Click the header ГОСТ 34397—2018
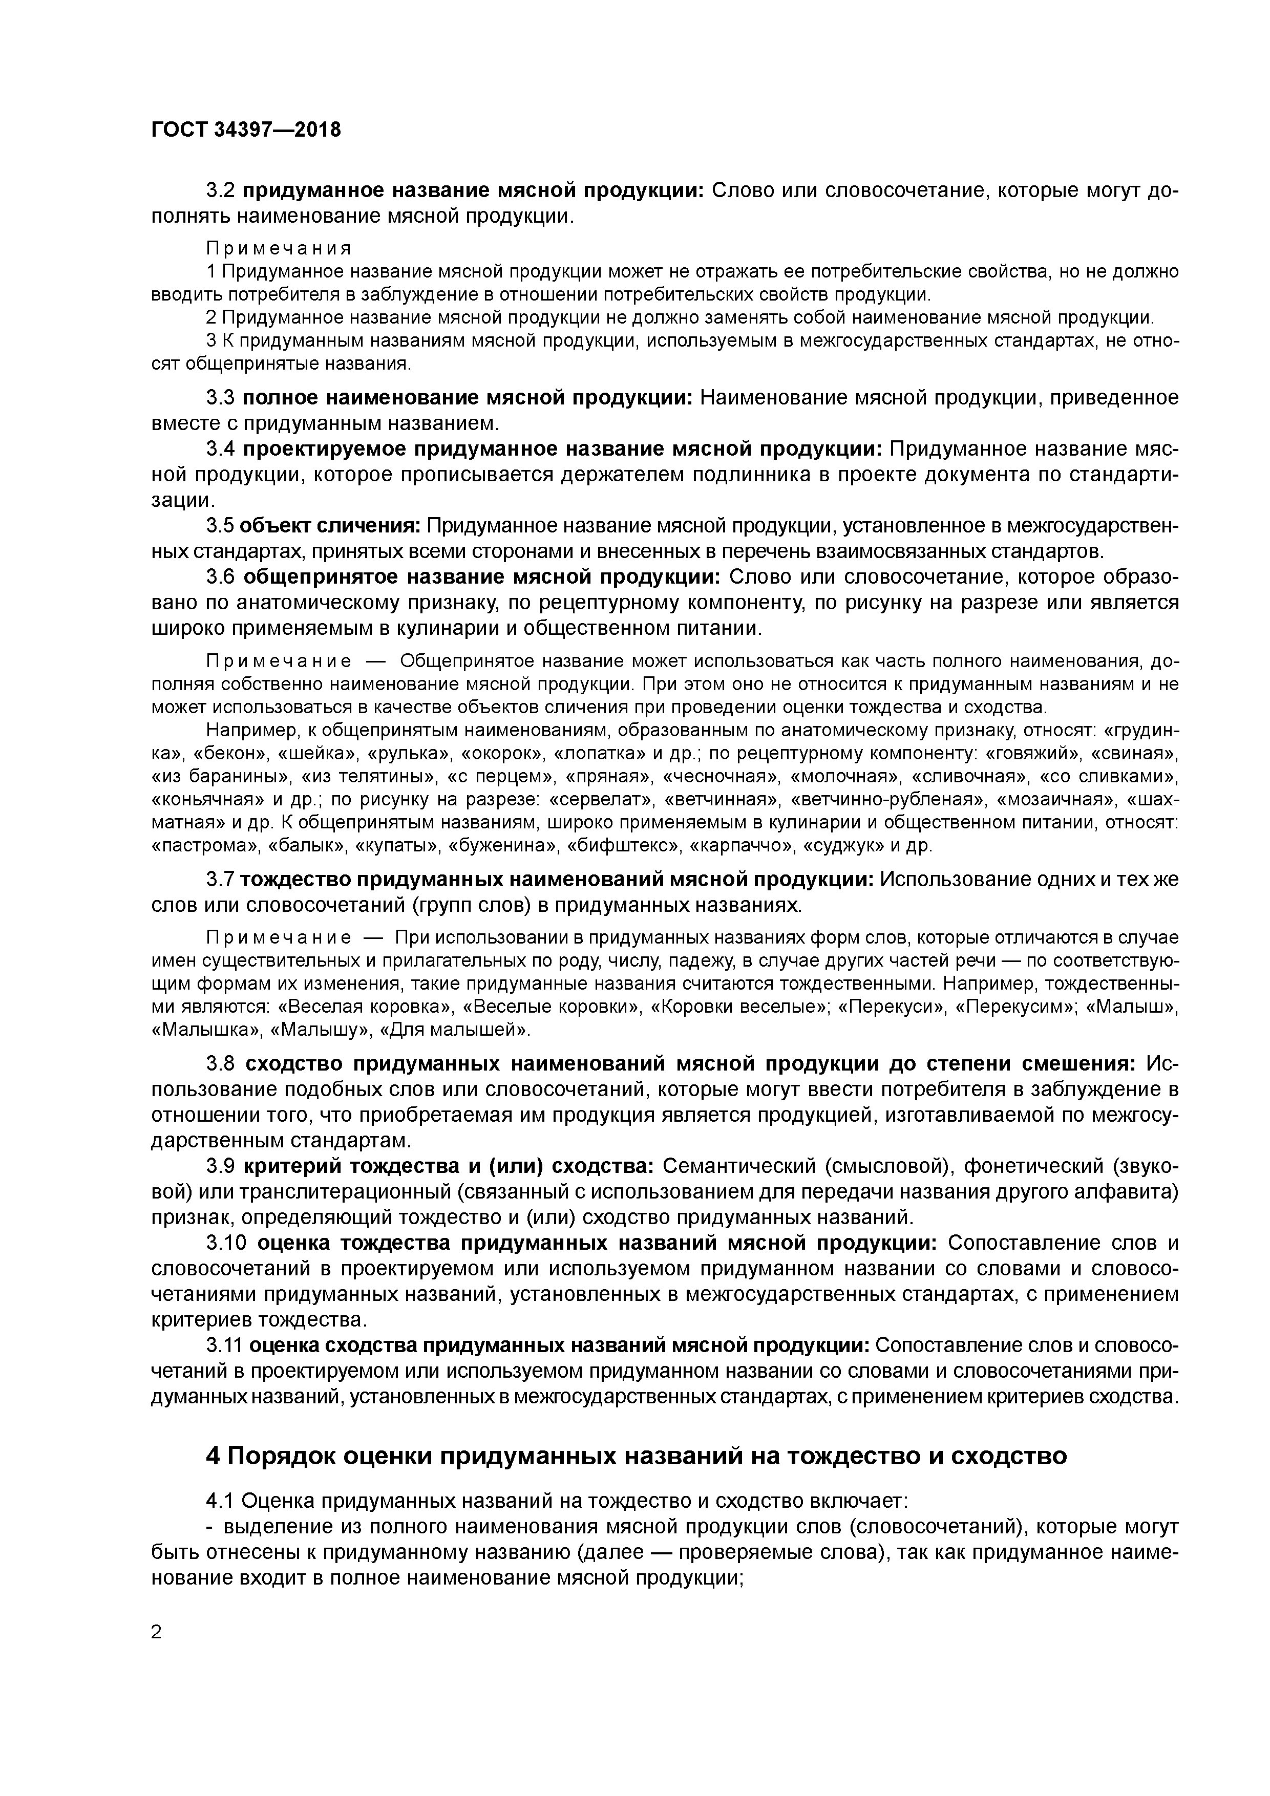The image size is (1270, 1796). [x=246, y=130]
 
